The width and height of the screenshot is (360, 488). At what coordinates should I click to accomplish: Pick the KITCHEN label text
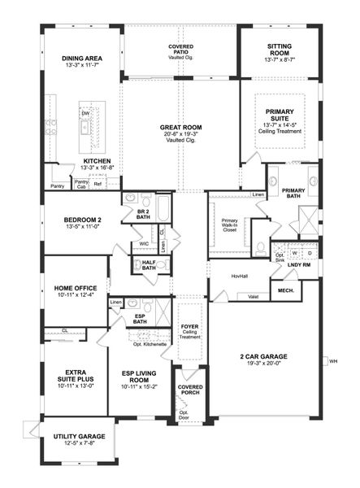[x=97, y=162]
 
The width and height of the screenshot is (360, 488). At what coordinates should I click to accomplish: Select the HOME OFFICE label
[x=76, y=288]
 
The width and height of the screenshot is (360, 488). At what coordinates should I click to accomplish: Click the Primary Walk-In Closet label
[x=231, y=225]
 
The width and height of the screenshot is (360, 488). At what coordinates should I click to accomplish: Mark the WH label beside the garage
[x=333, y=360]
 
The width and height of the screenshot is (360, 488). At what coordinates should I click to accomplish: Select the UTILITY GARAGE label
[x=79, y=437]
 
